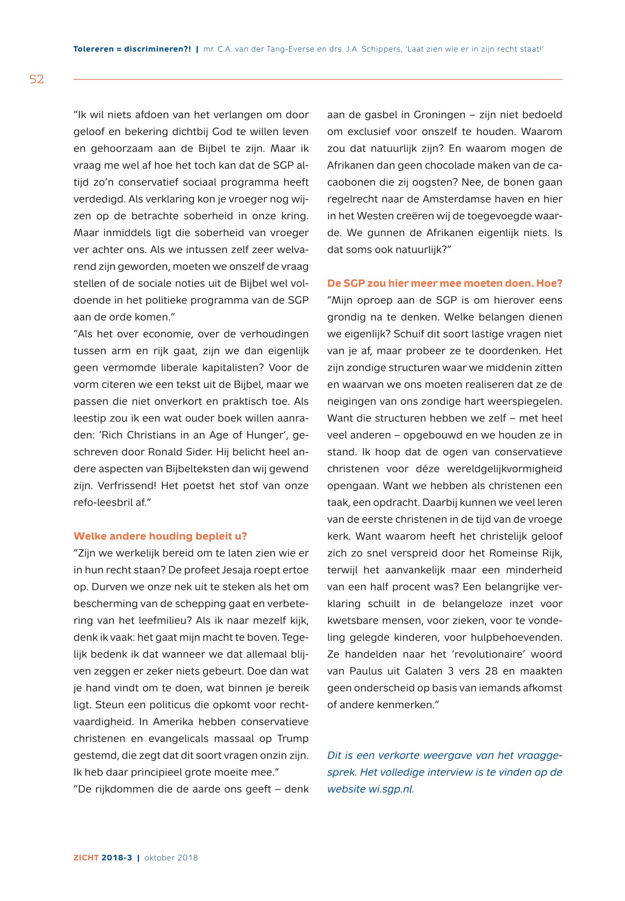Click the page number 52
coord(37,80)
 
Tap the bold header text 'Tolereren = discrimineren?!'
coord(132,49)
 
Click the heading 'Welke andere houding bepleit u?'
coord(160,536)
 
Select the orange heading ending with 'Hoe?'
coord(444,283)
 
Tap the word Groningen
coord(439,115)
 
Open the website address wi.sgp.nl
coord(391,789)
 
